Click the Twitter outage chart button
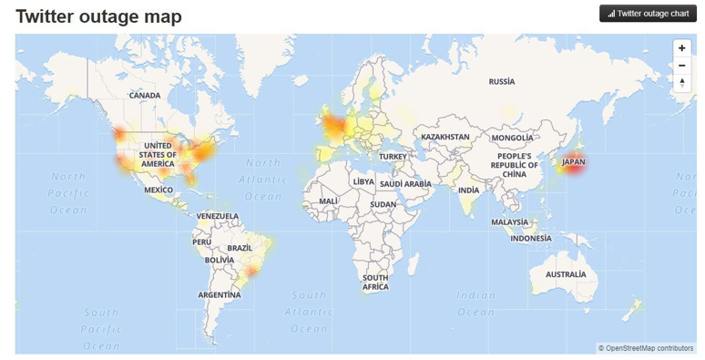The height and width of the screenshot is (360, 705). [x=648, y=14]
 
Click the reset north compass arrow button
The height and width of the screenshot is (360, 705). [x=681, y=82]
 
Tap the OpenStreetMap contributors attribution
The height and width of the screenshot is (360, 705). [x=646, y=348]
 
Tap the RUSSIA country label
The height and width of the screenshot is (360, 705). [x=501, y=81]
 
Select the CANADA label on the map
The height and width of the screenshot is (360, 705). [x=145, y=95]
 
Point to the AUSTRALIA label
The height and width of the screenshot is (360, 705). [x=566, y=274]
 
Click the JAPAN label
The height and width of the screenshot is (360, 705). [x=573, y=162]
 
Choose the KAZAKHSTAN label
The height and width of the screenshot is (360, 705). [x=444, y=137]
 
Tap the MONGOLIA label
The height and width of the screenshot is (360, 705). [x=512, y=138]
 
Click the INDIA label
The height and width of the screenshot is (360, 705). [x=468, y=190]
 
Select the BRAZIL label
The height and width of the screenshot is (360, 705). [x=240, y=248]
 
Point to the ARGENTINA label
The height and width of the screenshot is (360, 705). [x=220, y=294]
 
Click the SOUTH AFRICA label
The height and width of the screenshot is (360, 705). [x=375, y=282]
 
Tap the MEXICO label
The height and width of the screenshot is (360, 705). [x=158, y=190]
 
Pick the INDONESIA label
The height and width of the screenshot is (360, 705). [x=531, y=238]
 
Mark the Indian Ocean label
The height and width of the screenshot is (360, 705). [x=475, y=303]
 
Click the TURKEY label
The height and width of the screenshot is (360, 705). [x=393, y=156]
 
